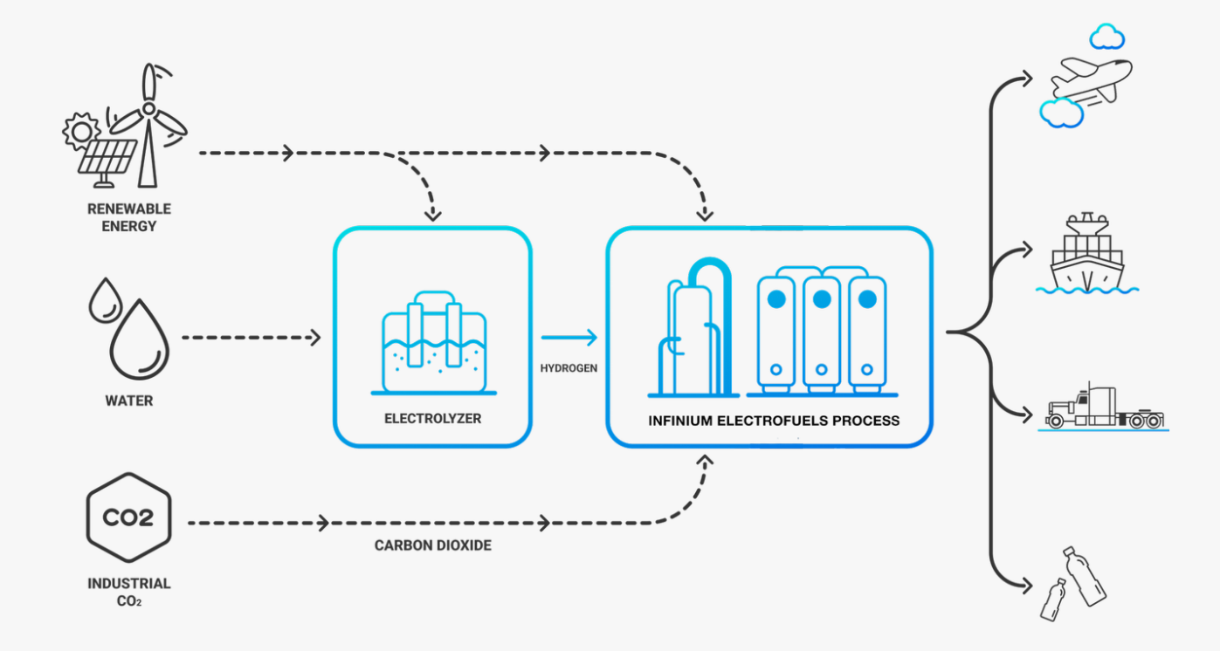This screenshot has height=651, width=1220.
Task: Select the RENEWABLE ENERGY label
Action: [128, 217]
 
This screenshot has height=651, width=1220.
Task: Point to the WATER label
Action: [128, 401]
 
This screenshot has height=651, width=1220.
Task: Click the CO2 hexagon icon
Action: [128, 517]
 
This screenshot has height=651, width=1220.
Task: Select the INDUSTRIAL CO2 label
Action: [128, 592]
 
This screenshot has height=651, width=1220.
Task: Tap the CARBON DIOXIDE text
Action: [433, 545]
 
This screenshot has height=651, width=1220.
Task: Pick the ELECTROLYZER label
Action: [432, 419]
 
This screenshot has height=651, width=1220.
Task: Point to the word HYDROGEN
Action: [569, 368]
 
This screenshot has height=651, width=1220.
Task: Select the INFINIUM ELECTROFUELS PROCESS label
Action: [773, 421]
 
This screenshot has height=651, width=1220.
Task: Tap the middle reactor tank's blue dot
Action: [822, 299]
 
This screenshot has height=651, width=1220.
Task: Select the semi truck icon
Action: [1105, 408]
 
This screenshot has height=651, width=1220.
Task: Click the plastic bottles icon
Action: [1074, 583]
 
